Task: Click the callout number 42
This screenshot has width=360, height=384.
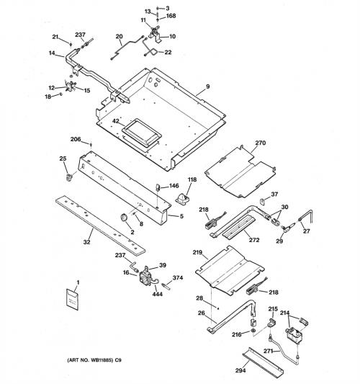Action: coord(116,121)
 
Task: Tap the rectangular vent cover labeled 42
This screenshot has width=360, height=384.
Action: coord(142,133)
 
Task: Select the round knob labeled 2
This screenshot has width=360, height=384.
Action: coord(124,218)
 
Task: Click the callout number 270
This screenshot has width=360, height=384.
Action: coord(261,143)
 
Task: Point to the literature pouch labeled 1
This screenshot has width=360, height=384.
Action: coord(73,299)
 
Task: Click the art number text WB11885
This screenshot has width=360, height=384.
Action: coord(101,360)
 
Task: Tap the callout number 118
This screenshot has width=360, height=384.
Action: coord(192,180)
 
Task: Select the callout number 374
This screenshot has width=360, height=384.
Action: coord(178,277)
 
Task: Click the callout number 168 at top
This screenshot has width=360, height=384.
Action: coord(171,16)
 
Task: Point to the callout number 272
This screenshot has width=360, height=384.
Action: coord(254,240)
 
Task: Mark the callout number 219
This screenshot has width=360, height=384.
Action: coord(197,252)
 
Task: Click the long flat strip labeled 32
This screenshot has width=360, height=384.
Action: coord(100,225)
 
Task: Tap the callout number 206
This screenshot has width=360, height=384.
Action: coord(76,139)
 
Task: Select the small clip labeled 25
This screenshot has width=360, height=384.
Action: coord(69,177)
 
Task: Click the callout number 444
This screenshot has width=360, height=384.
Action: coord(158,294)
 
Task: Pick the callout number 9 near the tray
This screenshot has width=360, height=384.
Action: coord(208,86)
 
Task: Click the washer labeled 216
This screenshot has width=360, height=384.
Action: coord(252,332)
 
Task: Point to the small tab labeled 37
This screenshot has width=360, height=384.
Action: coord(262,202)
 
